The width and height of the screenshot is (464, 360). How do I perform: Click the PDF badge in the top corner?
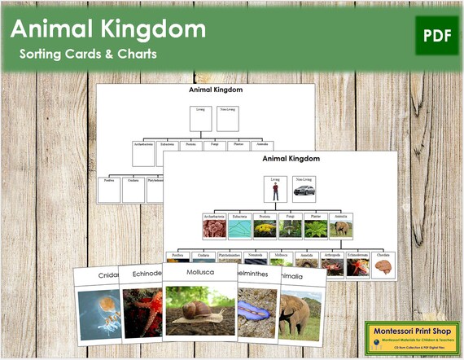pyautogui.click(x=436, y=35)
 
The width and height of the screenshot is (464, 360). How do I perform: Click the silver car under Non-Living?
pyautogui.click(x=303, y=193)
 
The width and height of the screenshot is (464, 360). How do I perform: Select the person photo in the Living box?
pyautogui.click(x=276, y=194)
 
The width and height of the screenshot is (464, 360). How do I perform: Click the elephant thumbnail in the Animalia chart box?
pyautogui.click(x=340, y=228)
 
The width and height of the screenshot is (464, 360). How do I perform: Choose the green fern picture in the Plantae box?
pyautogui.click(x=315, y=228)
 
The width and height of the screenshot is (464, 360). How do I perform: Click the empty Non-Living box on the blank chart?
pyautogui.click(x=228, y=120)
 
